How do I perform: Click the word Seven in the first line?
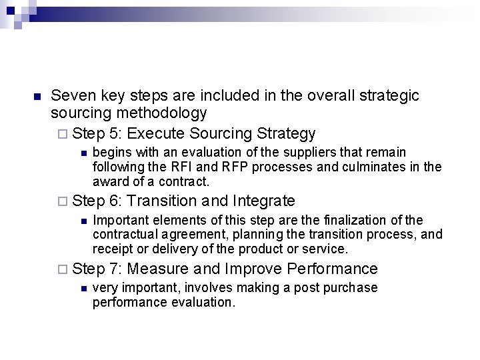(72, 96)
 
